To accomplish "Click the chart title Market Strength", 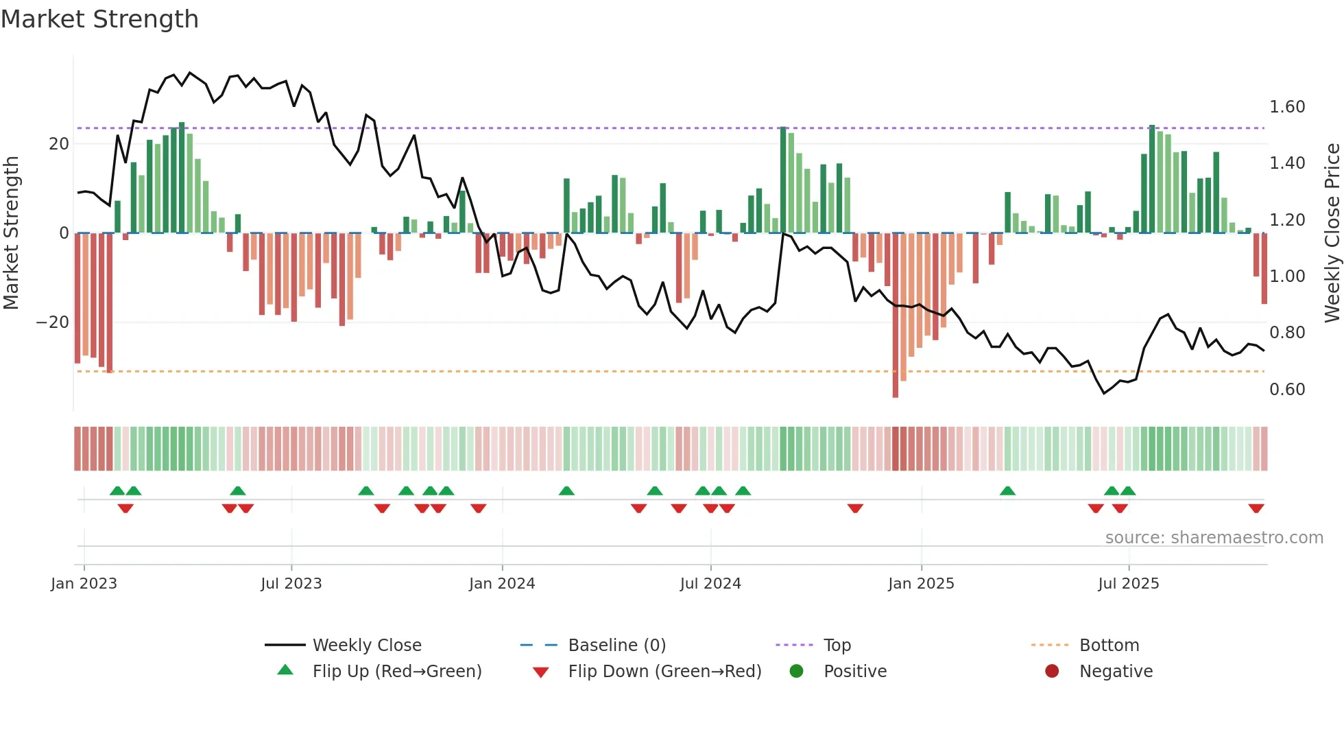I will (99, 19).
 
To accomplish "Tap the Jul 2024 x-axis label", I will (710, 584).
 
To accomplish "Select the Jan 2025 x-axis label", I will (921, 584).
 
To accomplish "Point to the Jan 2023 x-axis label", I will (84, 584).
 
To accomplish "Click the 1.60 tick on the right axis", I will (1286, 107).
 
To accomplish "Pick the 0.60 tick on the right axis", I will (1286, 390).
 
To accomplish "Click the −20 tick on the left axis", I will (53, 322).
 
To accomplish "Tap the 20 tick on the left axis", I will (59, 144).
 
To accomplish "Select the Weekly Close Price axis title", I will (1332, 233).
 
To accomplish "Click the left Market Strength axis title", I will (12, 233).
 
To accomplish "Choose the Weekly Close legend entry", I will (366, 646).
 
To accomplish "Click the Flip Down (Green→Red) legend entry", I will (664, 672).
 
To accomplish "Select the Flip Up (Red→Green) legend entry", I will (396, 672).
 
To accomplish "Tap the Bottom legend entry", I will (1108, 646).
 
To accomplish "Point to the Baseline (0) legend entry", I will (616, 646).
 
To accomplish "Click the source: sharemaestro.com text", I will (1214, 538).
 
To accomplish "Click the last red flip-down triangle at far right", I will (1256, 508).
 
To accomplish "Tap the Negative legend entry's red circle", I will (1052, 672).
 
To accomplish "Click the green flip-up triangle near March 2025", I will (1007, 491).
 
